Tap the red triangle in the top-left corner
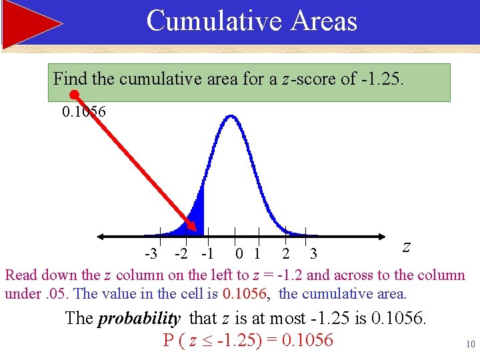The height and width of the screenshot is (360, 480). coord(30,24)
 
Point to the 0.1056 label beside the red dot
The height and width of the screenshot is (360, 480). coord(84,111)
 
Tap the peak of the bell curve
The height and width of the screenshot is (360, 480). coord(230,117)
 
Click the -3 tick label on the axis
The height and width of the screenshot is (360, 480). coord(151,254)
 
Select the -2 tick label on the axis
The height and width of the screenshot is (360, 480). coord(180,254)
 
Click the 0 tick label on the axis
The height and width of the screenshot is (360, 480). coord(239,254)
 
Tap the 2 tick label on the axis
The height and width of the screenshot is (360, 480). coord(285,254)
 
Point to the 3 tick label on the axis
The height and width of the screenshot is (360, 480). coord(313,254)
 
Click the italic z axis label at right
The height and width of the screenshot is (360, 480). coord(406,246)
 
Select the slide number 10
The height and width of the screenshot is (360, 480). coord(470,345)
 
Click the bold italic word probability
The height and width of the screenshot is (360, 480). coord(139,319)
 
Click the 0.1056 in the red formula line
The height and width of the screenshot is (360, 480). coord(307,340)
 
